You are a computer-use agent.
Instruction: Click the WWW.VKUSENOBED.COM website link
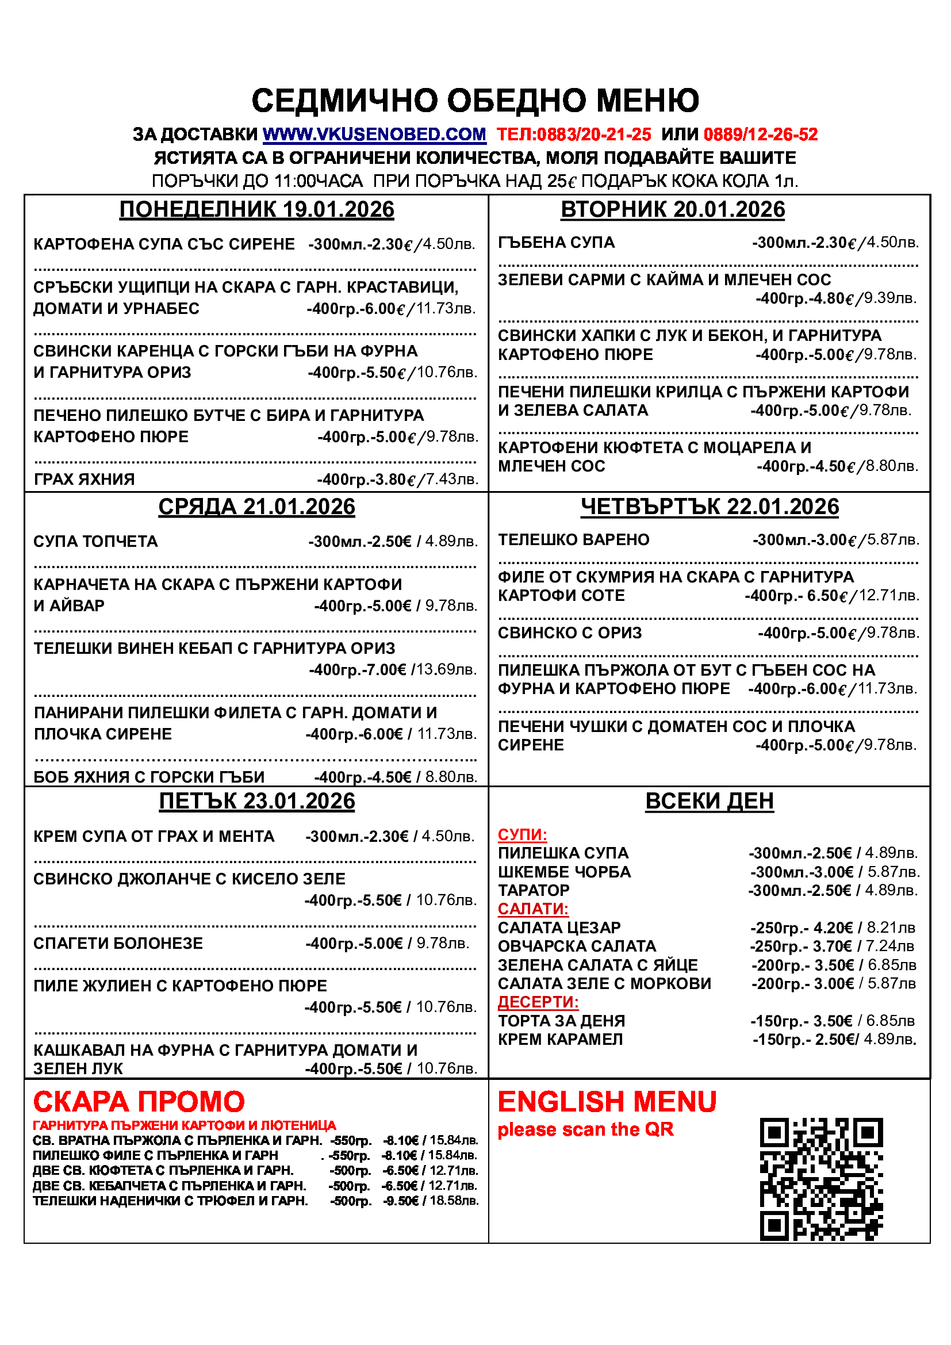(374, 135)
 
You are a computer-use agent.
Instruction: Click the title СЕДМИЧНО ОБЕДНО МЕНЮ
(475, 100)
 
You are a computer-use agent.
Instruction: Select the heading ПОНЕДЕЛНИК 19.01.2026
(256, 210)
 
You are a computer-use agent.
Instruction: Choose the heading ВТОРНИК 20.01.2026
(672, 210)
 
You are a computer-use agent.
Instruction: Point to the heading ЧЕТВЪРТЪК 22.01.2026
(709, 507)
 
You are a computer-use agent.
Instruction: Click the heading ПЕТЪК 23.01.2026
(256, 802)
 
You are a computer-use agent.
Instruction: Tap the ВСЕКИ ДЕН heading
(709, 801)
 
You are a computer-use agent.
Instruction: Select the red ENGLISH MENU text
(607, 1102)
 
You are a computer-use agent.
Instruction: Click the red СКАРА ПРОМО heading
(139, 1102)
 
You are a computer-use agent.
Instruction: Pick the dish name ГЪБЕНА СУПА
(556, 243)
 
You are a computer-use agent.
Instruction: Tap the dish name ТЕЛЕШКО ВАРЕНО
(573, 539)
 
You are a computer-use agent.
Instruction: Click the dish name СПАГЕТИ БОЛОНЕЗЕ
(118, 943)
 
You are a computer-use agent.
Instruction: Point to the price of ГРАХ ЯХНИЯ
(398, 480)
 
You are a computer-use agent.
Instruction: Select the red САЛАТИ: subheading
(533, 909)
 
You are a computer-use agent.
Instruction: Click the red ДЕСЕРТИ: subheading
(538, 1002)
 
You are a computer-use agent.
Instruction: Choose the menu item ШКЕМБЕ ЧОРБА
(564, 872)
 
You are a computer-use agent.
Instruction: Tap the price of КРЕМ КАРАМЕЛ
(834, 1040)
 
